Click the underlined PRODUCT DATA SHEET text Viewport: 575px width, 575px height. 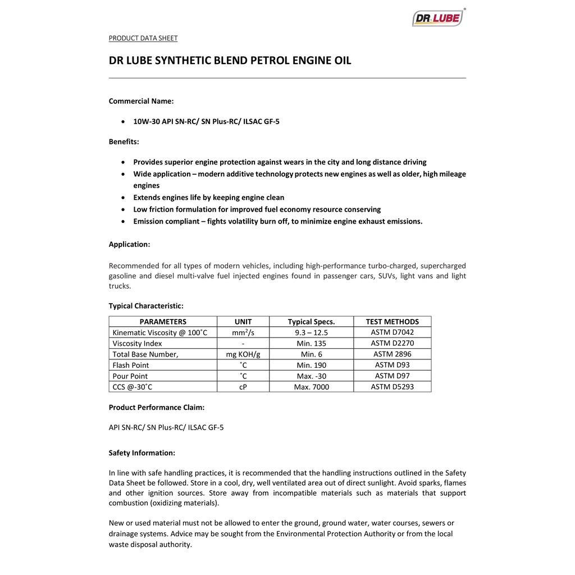(x=143, y=38)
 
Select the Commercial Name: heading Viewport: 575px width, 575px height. (x=141, y=101)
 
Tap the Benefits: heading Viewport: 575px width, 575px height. (x=124, y=142)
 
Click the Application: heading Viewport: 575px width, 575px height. (x=129, y=244)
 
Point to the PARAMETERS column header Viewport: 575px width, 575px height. (x=163, y=322)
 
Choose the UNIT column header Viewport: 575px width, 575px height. (x=243, y=322)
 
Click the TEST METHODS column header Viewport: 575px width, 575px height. (x=392, y=322)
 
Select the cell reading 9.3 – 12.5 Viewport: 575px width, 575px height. (x=311, y=332)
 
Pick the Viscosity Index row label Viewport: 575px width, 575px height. (x=137, y=343)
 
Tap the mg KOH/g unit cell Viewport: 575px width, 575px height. (x=243, y=354)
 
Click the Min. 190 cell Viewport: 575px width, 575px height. (x=311, y=365)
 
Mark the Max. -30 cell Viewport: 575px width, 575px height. (x=311, y=376)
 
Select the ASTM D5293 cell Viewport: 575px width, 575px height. (x=392, y=386)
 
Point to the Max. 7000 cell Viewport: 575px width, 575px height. (x=311, y=387)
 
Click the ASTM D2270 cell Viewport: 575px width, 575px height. (x=392, y=343)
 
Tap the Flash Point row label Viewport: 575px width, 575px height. (x=130, y=365)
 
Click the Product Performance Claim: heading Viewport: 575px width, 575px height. (x=156, y=407)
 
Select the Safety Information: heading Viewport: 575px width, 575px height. (x=142, y=453)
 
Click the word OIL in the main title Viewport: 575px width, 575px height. (x=341, y=61)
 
